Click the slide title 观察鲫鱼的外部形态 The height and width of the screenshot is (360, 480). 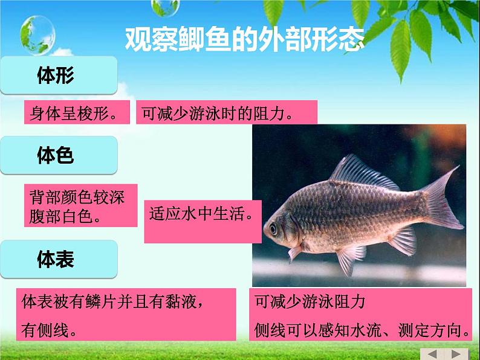click(x=244, y=39)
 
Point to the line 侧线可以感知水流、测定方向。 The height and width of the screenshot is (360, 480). click(x=363, y=330)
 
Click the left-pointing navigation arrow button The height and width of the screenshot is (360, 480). click(x=432, y=353)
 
